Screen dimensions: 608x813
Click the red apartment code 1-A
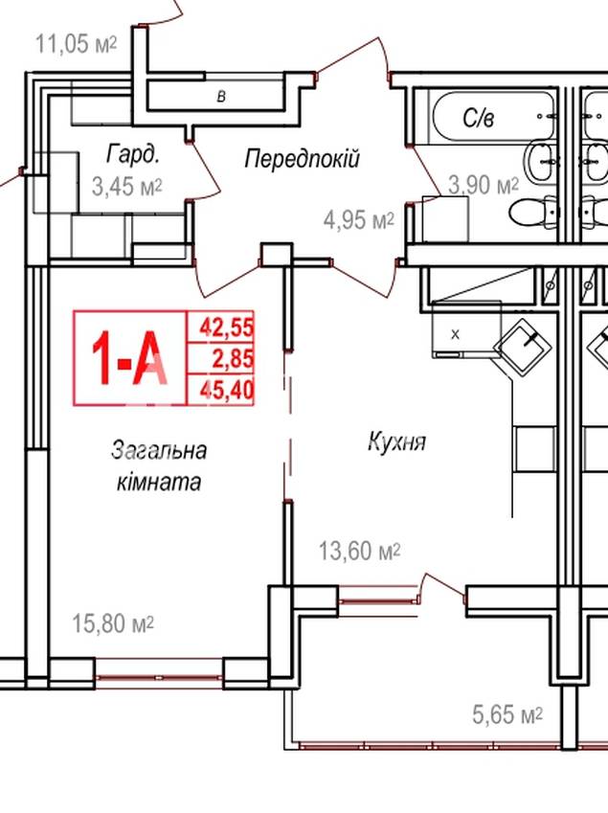click(x=129, y=358)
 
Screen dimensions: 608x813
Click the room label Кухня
click(x=397, y=442)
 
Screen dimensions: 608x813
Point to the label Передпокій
click(x=302, y=158)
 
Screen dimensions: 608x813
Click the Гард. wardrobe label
click(x=133, y=154)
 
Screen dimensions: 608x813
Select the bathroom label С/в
click(x=479, y=119)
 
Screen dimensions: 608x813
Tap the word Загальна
click(x=159, y=449)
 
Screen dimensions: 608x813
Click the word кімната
click(x=159, y=482)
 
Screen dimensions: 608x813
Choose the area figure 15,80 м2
click(x=113, y=623)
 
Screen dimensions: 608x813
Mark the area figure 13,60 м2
click(x=359, y=552)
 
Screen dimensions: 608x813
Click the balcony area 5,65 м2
click(x=507, y=715)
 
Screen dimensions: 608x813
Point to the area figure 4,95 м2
click(x=359, y=221)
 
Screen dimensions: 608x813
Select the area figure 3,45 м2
click(x=127, y=186)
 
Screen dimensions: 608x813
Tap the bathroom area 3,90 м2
click(x=484, y=185)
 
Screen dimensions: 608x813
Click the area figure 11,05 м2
click(x=76, y=43)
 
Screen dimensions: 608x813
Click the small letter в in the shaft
click(x=221, y=97)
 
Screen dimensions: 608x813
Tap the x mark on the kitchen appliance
click(x=455, y=334)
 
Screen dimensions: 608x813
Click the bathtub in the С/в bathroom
click(x=495, y=119)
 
